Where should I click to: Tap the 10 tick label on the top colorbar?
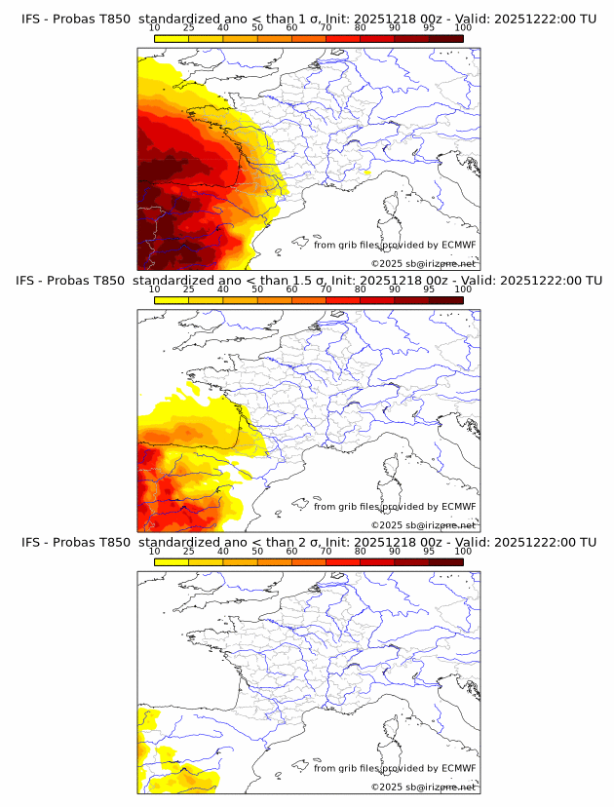click(155, 28)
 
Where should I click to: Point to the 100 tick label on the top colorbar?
click(463, 28)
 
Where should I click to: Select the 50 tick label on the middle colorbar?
click(257, 289)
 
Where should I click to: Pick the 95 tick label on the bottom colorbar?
click(429, 551)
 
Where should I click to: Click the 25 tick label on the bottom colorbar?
click(188, 551)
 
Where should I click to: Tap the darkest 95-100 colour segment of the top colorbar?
click(445, 38)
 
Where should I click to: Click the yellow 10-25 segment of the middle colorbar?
click(172, 299)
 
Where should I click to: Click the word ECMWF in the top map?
click(459, 246)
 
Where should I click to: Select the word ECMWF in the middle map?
click(459, 507)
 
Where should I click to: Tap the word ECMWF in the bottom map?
click(459, 768)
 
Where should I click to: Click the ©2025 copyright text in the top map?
click(387, 264)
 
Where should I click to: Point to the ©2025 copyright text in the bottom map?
click(387, 787)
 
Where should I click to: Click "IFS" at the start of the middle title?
click(31, 281)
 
